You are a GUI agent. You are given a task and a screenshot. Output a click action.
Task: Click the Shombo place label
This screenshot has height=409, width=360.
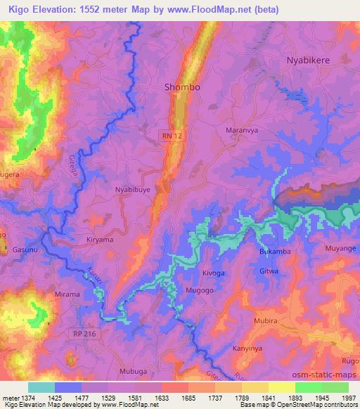182,87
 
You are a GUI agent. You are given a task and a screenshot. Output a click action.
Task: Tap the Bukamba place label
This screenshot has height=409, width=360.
275,251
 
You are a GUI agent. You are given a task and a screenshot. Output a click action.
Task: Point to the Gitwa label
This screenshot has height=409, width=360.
269,271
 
